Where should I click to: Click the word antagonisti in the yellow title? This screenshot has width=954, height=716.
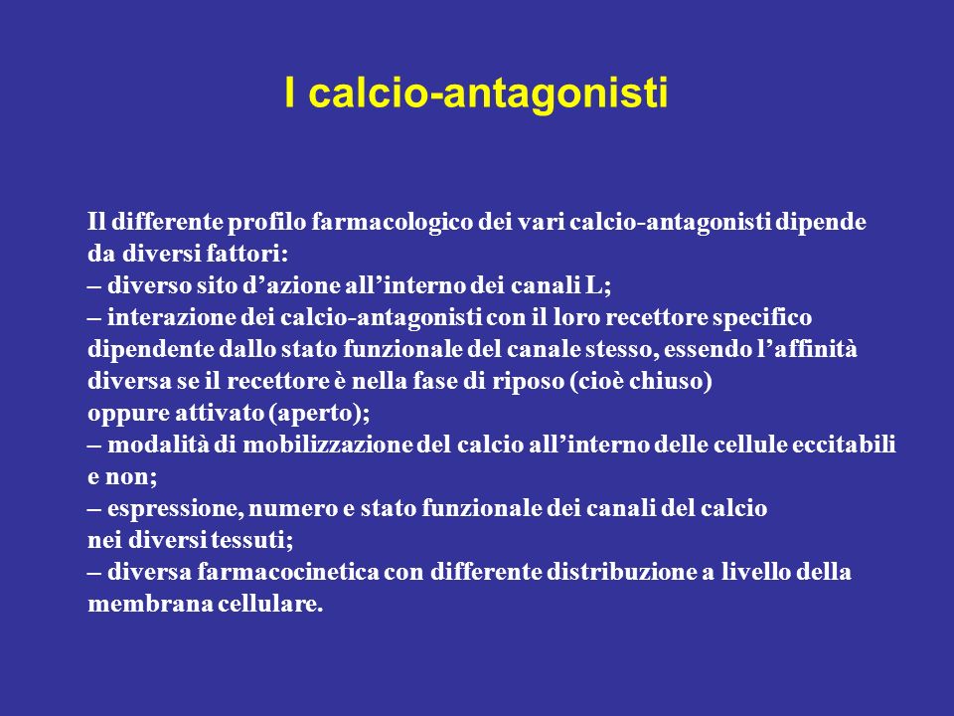pos(556,94)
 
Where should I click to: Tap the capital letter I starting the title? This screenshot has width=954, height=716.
pos(290,92)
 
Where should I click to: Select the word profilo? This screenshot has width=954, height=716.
pos(267,223)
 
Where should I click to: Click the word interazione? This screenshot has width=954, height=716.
pos(171,318)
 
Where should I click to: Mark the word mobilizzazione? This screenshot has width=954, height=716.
pos(328,446)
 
